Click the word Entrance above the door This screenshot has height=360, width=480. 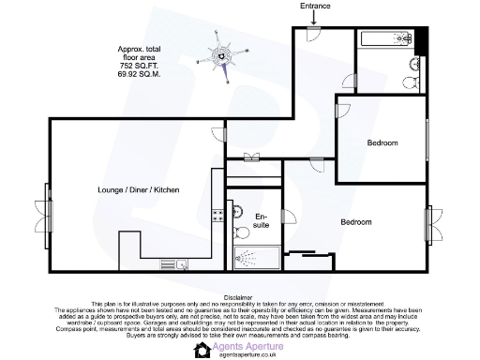pyautogui.click(x=315, y=6)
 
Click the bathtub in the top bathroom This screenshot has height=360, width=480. pyautogui.click(x=385, y=39)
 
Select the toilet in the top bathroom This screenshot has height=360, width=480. pyautogui.click(x=413, y=65)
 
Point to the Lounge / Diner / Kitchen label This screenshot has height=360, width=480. pyautogui.click(x=138, y=190)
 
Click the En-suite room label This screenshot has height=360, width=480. pyautogui.click(x=262, y=222)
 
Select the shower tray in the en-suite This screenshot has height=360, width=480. pyautogui.click(x=256, y=258)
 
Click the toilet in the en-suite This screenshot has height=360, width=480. pyautogui.click(x=236, y=232)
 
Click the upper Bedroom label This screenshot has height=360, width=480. pyautogui.click(x=382, y=142)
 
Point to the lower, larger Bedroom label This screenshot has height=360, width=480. pyautogui.click(x=355, y=223)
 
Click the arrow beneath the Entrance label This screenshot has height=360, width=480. pyautogui.click(x=315, y=18)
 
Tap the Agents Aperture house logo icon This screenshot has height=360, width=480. pyautogui.click(x=201, y=350)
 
